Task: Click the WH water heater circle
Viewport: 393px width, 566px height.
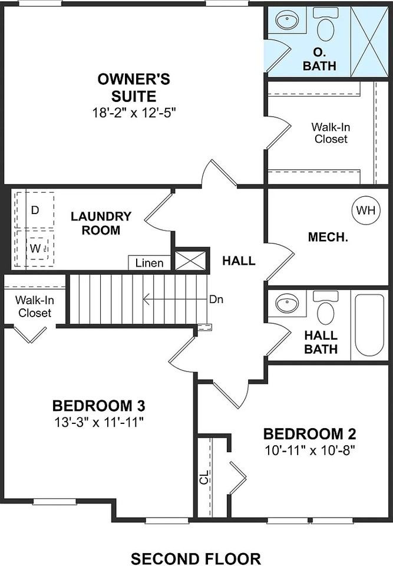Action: coord(366,210)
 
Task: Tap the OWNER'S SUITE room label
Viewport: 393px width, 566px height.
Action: coord(135,87)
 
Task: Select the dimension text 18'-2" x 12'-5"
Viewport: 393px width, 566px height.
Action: coord(134,113)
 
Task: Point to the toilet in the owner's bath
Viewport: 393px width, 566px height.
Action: coord(325,25)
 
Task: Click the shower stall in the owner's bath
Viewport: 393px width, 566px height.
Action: coord(369,41)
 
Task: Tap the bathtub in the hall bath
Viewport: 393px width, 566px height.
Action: coord(369,325)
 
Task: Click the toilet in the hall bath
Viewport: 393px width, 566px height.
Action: coord(325,309)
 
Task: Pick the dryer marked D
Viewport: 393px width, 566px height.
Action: coord(35,209)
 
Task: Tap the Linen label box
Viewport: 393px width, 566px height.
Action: coord(150,263)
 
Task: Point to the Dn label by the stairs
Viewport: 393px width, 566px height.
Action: coord(216,299)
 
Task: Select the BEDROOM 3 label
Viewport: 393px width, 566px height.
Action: coord(99,406)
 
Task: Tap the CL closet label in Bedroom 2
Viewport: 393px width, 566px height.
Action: coord(204,477)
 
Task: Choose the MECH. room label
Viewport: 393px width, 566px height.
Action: coord(328,238)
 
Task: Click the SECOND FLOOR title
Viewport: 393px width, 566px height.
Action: coord(196,558)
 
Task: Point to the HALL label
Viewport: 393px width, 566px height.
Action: coord(239,261)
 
